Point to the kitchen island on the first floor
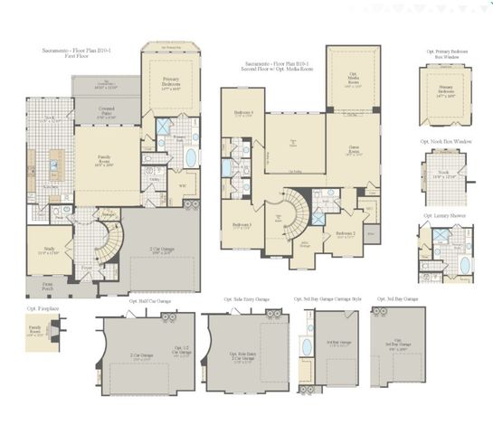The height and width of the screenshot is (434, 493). click(53, 166)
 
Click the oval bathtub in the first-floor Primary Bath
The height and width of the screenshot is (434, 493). click(190, 158)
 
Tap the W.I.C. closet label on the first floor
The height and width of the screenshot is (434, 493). click(182, 186)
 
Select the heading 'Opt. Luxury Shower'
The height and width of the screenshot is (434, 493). click(444, 216)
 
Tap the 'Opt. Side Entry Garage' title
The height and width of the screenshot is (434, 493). click(247, 299)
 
